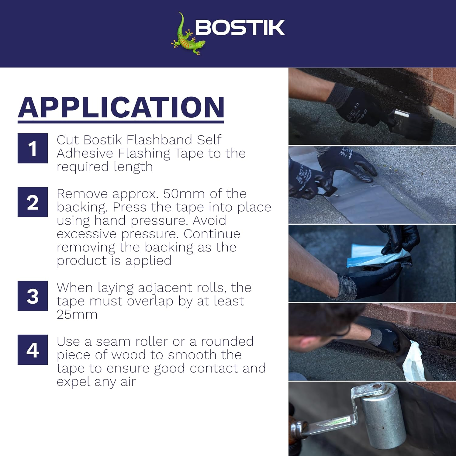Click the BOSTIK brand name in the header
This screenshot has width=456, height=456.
[x=240, y=28]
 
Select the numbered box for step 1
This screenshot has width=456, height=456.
[x=33, y=148]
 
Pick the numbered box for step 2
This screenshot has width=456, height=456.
[x=33, y=202]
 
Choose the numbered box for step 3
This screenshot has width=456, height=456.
[x=33, y=296]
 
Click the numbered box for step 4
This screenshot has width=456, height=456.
[x=33, y=350]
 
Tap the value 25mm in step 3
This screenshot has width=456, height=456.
[x=77, y=314]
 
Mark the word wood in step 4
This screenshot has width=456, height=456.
[x=129, y=355]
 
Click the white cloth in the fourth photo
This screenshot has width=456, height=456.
[x=413, y=362]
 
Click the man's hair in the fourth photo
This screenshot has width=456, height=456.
[x=322, y=316]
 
